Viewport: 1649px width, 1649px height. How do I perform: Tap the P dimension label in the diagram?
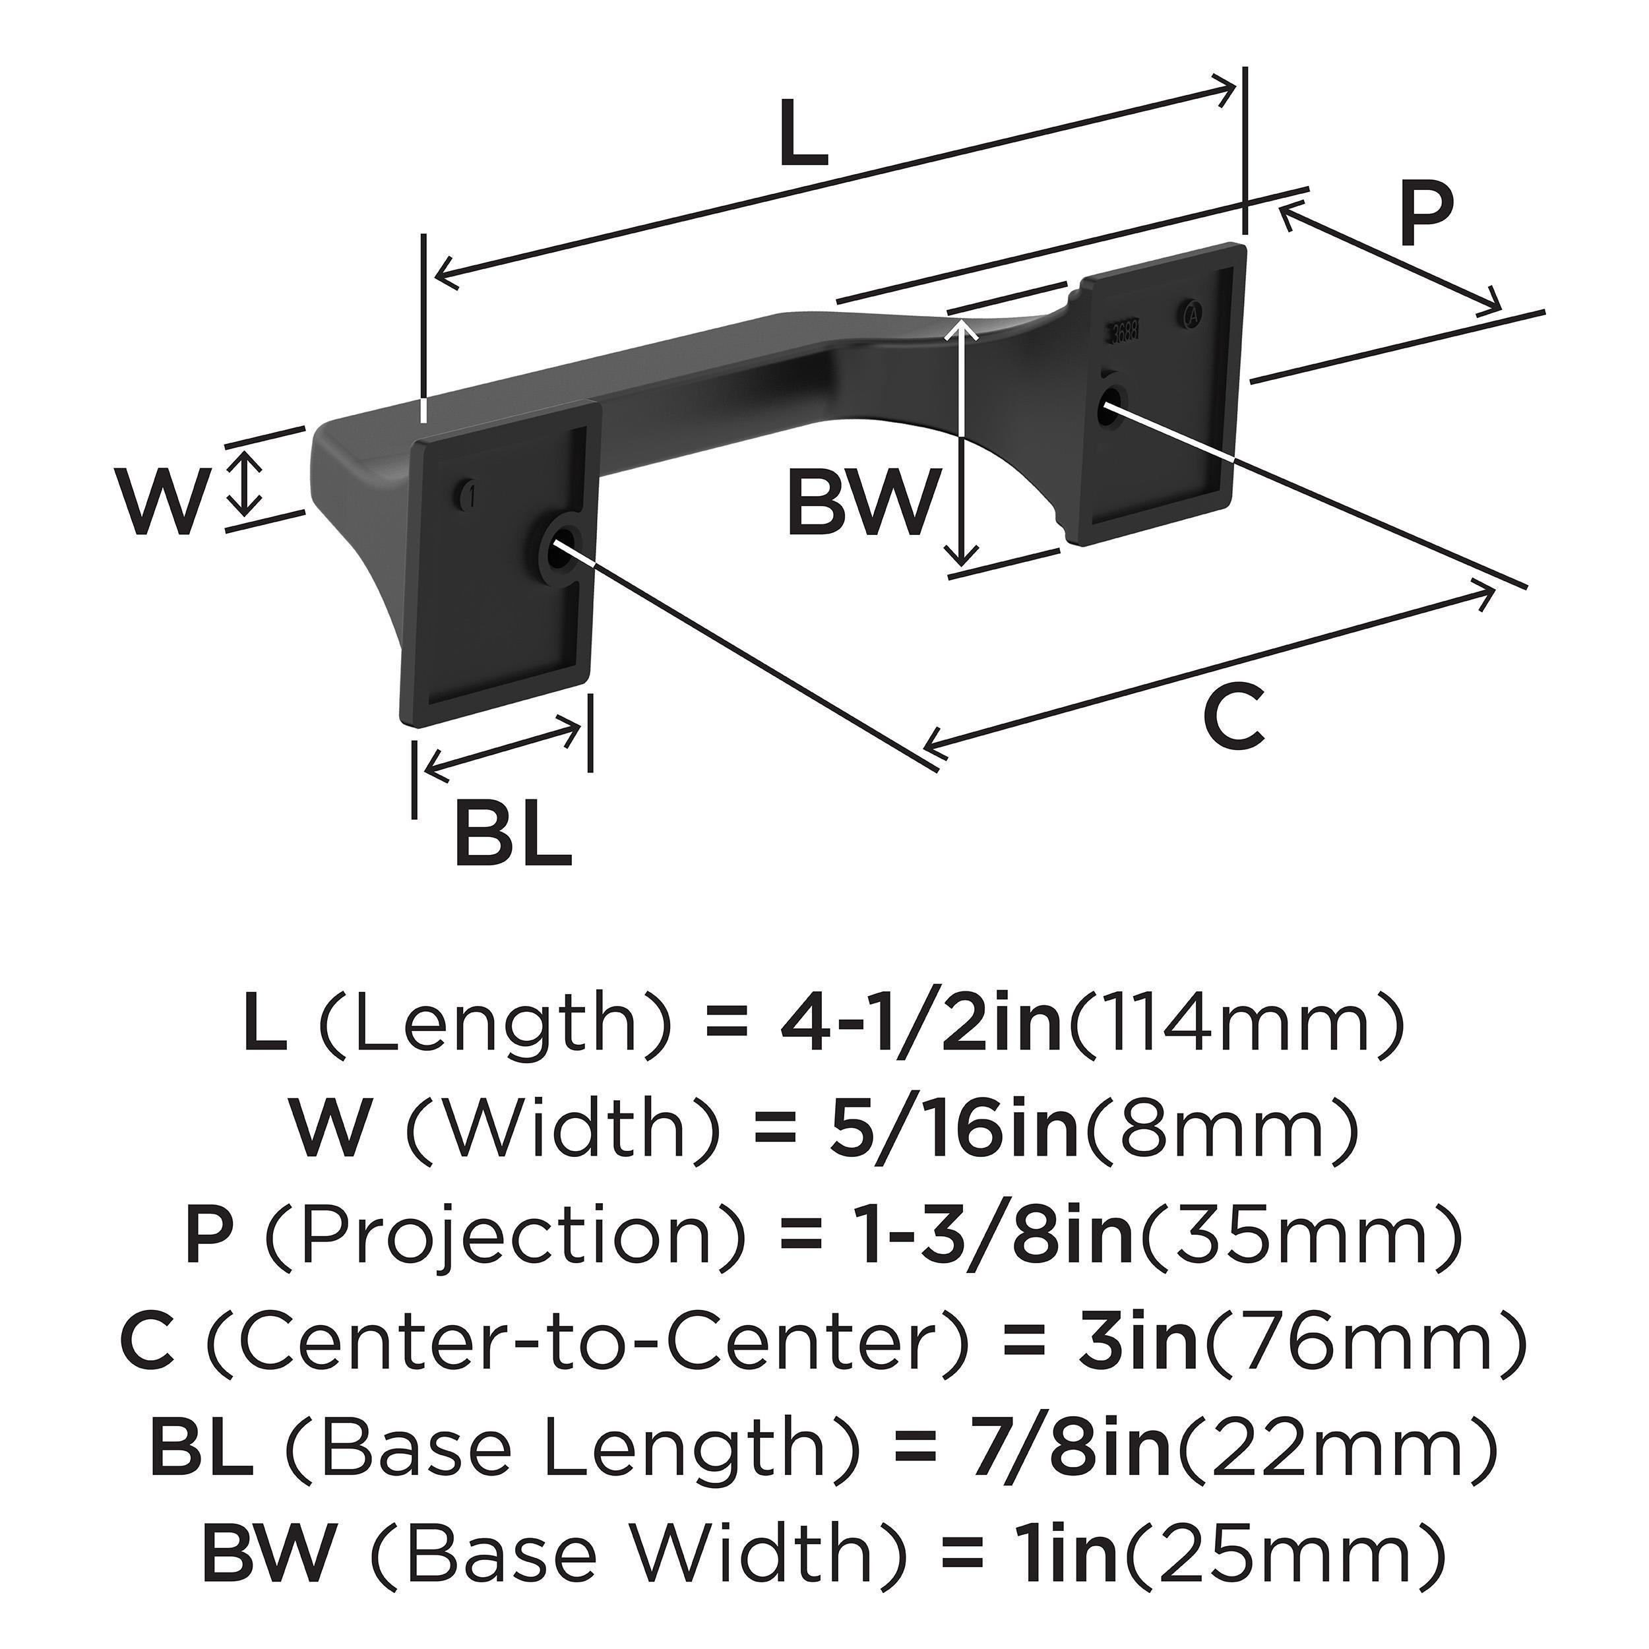click(x=1425, y=216)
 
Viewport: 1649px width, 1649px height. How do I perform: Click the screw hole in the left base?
click(x=561, y=545)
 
